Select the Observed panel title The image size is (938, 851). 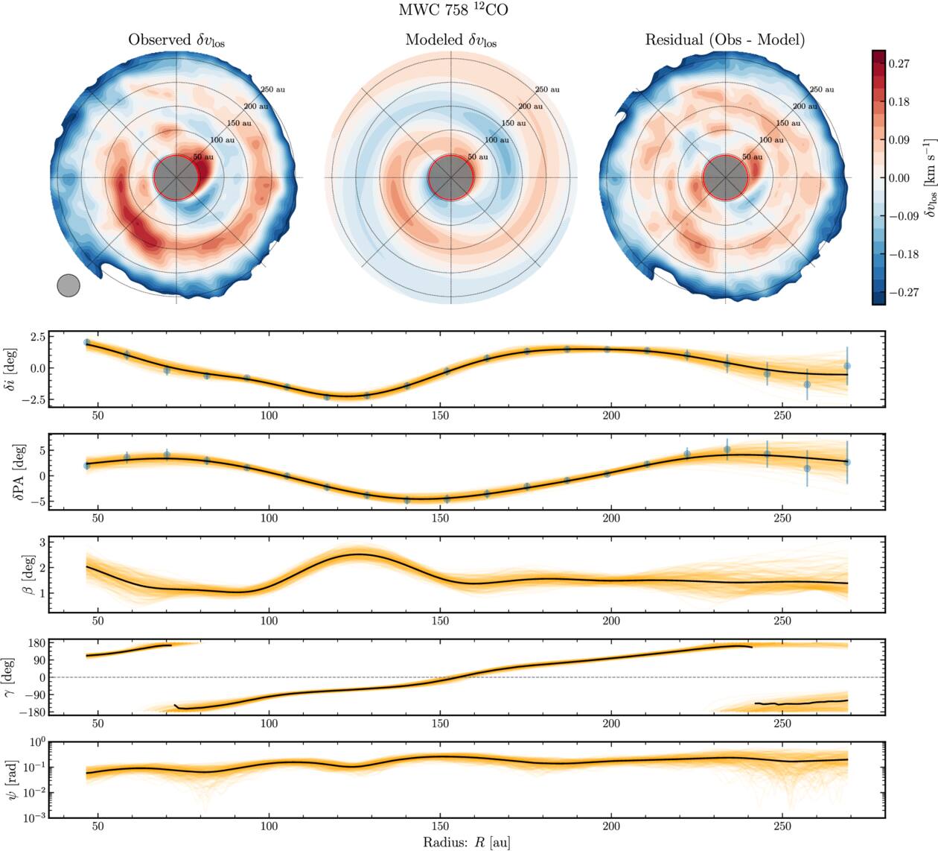[x=176, y=40]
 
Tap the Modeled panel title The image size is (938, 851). [x=451, y=40]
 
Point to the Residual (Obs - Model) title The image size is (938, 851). [x=724, y=39]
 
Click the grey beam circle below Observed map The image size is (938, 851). [x=68, y=285]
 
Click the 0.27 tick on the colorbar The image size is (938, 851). [x=900, y=64]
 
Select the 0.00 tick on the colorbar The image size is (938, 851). [x=900, y=178]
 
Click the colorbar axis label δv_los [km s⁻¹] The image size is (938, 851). [x=928, y=178]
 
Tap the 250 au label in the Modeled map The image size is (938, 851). [x=547, y=89]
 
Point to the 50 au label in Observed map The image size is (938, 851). [x=203, y=157]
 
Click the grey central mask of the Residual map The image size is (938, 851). [x=725, y=178]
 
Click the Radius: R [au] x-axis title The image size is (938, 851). [x=468, y=843]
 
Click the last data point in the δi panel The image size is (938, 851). [x=847, y=366]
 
